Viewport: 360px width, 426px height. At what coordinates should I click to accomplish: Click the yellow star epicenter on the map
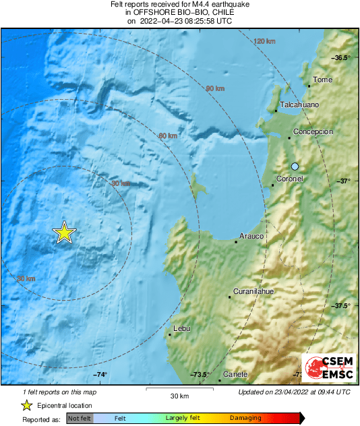click(64, 233)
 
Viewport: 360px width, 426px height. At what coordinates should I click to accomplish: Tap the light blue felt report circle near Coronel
click(295, 166)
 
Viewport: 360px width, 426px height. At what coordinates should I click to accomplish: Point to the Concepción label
click(313, 132)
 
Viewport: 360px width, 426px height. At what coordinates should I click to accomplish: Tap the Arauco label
click(251, 236)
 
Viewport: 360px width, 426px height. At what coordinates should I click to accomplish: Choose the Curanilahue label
click(253, 291)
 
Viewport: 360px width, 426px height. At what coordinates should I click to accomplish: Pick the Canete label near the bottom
click(235, 374)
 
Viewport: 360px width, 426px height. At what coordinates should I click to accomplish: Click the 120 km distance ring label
click(264, 42)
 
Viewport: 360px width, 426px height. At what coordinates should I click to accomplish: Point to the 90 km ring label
click(214, 89)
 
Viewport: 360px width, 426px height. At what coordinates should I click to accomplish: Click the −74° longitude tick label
click(100, 375)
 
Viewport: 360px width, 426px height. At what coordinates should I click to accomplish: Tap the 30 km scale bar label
click(179, 395)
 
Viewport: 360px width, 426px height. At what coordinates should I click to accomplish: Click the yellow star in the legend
click(26, 405)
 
